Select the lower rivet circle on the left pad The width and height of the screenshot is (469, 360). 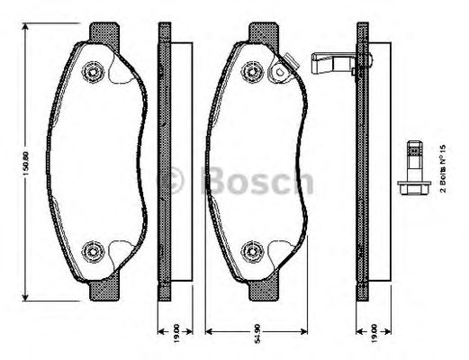point(92,250)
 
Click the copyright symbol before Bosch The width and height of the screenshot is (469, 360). point(172,183)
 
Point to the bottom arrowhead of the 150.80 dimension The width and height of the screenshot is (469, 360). point(28,299)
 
